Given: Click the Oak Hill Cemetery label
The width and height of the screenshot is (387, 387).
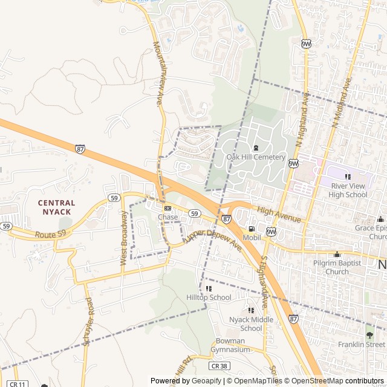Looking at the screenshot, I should click(x=255, y=157).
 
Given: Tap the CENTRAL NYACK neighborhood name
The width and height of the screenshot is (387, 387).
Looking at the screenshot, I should click(x=56, y=207).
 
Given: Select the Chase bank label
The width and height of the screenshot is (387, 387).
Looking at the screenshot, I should click(x=168, y=217).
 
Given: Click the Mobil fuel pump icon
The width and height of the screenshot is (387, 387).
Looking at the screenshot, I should click(x=251, y=228).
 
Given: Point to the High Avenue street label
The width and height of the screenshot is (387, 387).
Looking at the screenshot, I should click(x=278, y=214).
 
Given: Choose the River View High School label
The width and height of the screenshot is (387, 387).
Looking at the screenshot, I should click(x=348, y=190).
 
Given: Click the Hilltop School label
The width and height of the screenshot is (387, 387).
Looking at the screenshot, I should click(x=209, y=298).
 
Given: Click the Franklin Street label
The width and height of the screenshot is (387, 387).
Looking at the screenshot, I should click(x=362, y=344).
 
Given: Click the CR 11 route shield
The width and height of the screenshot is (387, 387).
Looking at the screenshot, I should click(x=18, y=383).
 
